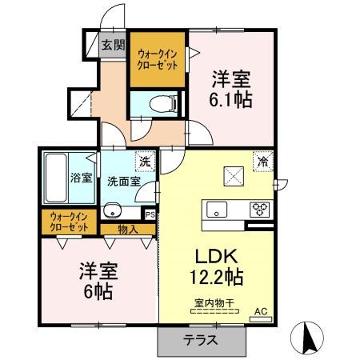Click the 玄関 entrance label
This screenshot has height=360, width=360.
coord(114,45)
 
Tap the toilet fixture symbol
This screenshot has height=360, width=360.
coord(163,103)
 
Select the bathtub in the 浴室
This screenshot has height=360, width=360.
coord(56,178)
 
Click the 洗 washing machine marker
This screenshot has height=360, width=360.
coord(146,162)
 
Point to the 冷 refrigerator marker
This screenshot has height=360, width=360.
coord(263,161)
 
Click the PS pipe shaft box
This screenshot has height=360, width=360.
coord(150,214)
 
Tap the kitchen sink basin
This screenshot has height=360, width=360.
coord(217,210)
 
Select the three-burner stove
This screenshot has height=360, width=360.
coord(259,210)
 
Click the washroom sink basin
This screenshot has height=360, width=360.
coord(112,210)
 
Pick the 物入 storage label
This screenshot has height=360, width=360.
coord(128,230)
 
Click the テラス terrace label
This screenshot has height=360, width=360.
coord(200,340)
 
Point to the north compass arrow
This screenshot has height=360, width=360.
coord(310,338)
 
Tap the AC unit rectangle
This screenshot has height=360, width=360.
coord(260,319)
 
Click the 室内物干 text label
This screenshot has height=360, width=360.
coord(214,303)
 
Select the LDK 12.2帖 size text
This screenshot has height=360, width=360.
coord(216,266)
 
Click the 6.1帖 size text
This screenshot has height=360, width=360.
coord(230,99)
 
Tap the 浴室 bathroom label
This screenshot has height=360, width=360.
coord(82,178)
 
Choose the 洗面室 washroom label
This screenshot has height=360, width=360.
coord(124,182)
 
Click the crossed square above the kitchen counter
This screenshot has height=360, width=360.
coord(234,176)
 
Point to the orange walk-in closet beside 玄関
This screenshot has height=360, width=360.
coord(158,59)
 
